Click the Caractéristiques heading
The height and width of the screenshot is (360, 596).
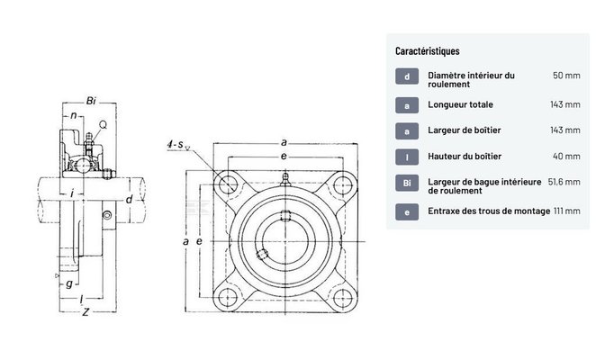pyautogui.click(x=428, y=51)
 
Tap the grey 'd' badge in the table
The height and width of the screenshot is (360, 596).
pyautogui.click(x=407, y=76)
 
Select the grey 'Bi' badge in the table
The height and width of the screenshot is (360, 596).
pyautogui.click(x=407, y=183)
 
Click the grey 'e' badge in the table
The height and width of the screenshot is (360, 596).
pyautogui.click(x=407, y=212)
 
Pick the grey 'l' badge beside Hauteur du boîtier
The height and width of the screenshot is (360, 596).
pyautogui.click(x=407, y=157)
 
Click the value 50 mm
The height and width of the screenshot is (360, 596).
pyautogui.click(x=566, y=76)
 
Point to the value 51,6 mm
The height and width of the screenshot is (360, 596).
pyautogui.click(x=564, y=182)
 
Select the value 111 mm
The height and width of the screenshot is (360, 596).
pyautogui.click(x=567, y=211)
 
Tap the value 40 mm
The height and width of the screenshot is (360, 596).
pyautogui.click(x=566, y=157)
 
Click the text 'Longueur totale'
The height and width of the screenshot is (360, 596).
pyautogui.click(x=460, y=104)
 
